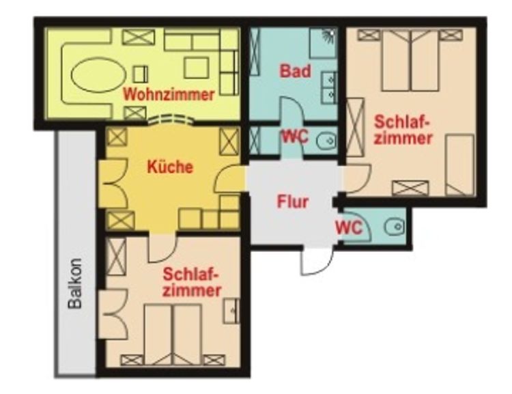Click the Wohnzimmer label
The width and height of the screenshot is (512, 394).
pyautogui.click(x=169, y=95)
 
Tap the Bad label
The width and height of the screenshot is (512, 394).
pyautogui.click(x=295, y=71)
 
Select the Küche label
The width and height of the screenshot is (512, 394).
pyautogui.click(x=170, y=167)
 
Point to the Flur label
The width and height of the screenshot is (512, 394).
pyautogui.click(x=293, y=201)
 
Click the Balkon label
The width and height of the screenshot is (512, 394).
pyautogui.click(x=75, y=283)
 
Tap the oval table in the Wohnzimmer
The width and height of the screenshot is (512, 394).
pyautogui.click(x=98, y=75)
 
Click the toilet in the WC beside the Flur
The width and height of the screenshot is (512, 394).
pyautogui.click(x=395, y=226)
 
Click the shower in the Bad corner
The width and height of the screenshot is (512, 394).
pyautogui.click(x=324, y=42)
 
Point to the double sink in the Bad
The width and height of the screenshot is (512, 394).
pyautogui.click(x=329, y=87)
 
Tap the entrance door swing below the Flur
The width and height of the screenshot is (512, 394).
pyautogui.click(x=317, y=262)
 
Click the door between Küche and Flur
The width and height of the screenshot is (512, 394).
pyautogui.click(x=229, y=178)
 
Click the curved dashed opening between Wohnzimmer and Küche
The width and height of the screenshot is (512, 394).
pyautogui.click(x=170, y=119)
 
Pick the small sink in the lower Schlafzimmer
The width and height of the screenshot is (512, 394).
pyautogui.click(x=231, y=311)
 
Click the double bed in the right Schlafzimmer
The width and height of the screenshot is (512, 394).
pyautogui.click(x=411, y=61)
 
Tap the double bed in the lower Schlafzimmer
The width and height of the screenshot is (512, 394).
pyautogui.click(x=173, y=335)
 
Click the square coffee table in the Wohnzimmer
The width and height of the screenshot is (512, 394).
pyautogui.click(x=196, y=68)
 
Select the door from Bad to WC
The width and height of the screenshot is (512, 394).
pyautogui.click(x=293, y=111)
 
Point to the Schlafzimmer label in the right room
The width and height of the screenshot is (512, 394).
pyautogui.click(x=403, y=130)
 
